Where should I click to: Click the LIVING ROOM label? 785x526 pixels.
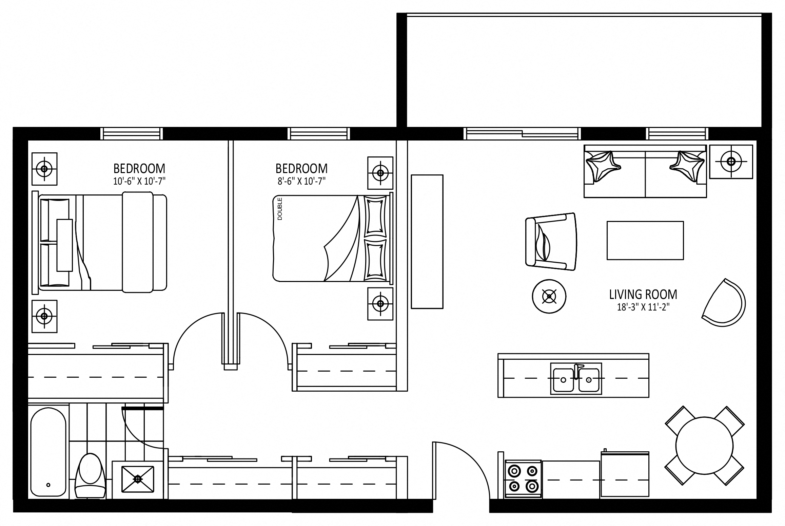point(643,295)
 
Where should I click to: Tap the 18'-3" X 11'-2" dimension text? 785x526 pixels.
point(643,307)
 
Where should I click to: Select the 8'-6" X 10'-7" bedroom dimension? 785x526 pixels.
point(301,182)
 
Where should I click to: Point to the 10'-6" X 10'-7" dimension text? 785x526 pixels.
point(139,182)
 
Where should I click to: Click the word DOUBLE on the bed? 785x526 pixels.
point(280,209)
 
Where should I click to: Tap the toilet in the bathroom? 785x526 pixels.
point(90,475)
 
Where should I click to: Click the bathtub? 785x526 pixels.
point(48,456)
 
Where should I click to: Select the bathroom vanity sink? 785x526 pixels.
point(137,479)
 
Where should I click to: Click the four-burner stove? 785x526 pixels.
point(523,479)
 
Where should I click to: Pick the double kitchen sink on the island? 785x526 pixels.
point(576,378)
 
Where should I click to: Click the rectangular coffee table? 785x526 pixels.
point(645,240)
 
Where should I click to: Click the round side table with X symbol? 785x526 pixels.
point(549,296)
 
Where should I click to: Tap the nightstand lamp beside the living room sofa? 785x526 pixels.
point(731,162)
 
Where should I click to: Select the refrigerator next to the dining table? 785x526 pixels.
point(625,474)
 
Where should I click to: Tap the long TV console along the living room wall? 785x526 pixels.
point(427,242)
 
